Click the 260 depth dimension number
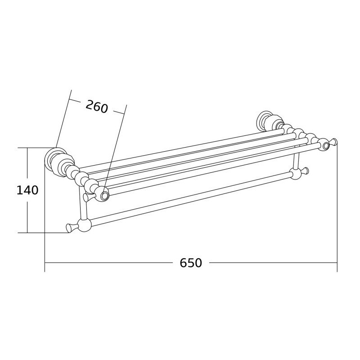[x=97, y=107]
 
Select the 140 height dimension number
[x=27, y=190]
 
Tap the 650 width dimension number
[x=191, y=263]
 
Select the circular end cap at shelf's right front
[x=325, y=145]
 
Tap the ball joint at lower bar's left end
[x=85, y=225]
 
